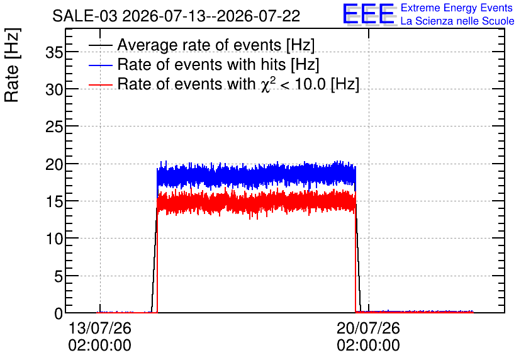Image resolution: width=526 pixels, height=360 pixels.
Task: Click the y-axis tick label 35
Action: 54,52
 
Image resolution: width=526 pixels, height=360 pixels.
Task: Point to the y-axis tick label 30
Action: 54,89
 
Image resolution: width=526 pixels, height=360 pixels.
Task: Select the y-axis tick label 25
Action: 54,127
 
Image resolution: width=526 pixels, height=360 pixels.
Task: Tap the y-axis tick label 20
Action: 54,164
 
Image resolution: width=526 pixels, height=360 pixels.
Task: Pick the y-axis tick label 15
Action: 54,201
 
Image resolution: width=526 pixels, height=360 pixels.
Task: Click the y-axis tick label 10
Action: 54,239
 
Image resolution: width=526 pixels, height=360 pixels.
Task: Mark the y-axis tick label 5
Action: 59,276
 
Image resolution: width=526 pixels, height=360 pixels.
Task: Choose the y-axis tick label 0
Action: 59,313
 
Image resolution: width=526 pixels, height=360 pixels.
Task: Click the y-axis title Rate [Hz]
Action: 12,65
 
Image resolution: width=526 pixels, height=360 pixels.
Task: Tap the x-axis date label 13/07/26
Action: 99,328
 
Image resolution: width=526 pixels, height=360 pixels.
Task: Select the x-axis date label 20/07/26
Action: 368,328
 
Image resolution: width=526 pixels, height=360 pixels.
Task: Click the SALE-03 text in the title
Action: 85,16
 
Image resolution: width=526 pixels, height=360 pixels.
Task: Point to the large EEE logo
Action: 369,14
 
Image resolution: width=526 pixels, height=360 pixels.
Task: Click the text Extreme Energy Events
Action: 457,8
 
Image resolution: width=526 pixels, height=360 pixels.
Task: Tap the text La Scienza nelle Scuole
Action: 457,21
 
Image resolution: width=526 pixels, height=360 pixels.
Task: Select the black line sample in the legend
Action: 100,45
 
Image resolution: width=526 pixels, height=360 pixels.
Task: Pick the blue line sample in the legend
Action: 100,65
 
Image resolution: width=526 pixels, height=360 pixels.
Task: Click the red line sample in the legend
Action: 100,84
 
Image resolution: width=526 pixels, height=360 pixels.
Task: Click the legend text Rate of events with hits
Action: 201,64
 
